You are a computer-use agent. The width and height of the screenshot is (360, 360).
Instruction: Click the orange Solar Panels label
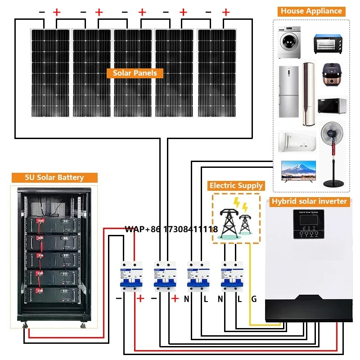[135, 73]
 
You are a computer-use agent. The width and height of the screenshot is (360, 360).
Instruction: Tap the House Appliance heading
[311, 11]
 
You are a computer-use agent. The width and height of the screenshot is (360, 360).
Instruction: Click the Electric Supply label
[236, 185]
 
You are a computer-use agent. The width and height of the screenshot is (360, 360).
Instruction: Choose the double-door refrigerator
[288, 91]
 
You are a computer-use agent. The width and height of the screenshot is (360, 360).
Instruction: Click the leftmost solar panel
[50, 72]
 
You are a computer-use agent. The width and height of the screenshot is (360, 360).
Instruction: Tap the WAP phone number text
[171, 229]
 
